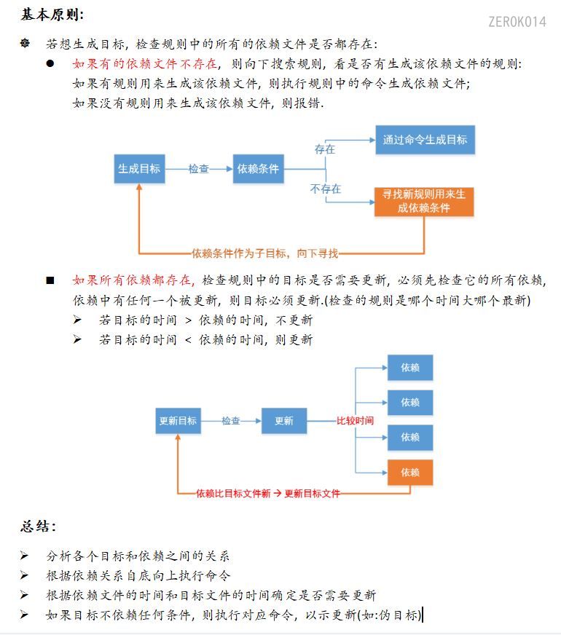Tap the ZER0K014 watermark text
click(517, 22)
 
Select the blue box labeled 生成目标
click(139, 168)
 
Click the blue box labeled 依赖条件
click(258, 168)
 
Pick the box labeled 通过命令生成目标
click(425, 139)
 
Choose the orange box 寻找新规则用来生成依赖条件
click(424, 201)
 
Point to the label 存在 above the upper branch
click(325, 149)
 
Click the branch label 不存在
click(325, 189)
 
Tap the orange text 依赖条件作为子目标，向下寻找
click(265, 253)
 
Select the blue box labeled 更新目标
click(178, 421)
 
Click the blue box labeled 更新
click(283, 421)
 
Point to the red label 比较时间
click(355, 421)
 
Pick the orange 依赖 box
click(410, 473)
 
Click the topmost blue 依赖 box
click(410, 368)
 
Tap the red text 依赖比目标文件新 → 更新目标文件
click(268, 493)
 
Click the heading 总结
click(38, 526)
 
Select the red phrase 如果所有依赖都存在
click(133, 280)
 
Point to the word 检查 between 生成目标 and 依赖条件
click(199, 169)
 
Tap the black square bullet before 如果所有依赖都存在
click(50, 280)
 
